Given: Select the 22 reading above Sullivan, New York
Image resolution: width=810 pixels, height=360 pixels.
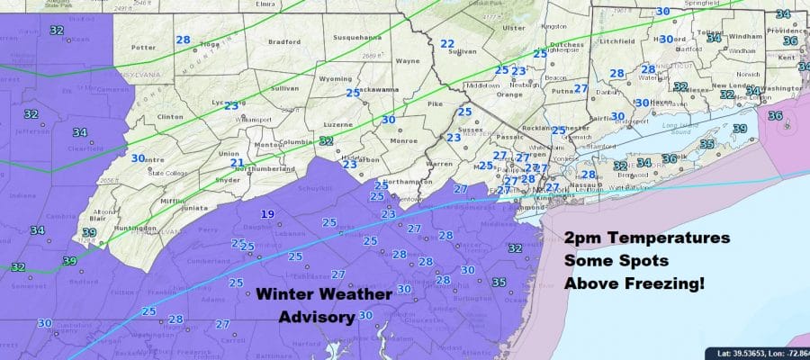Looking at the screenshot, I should (447, 44).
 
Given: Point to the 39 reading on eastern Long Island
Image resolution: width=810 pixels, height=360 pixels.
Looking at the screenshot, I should (739, 130).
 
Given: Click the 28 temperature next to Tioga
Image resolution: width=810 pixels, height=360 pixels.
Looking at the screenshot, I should (183, 40).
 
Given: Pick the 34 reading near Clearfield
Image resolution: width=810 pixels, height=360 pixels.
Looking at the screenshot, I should (80, 132).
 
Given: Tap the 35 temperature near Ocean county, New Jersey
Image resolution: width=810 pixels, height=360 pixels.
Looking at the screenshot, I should (499, 283).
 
